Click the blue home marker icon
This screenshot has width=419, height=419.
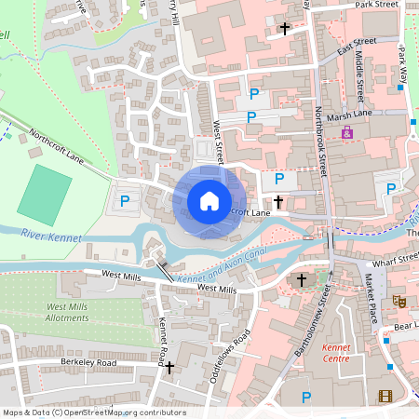(x=209, y=201)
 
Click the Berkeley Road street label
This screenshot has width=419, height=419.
(x=79, y=362)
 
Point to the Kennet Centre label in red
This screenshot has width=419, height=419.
(x=335, y=352)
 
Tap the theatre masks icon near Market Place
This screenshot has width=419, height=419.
(x=398, y=301)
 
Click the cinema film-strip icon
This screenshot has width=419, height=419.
(x=385, y=398)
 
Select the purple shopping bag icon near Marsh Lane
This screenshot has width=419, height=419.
(x=347, y=134)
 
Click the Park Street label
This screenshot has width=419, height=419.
(x=376, y=5)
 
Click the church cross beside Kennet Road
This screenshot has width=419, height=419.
(x=169, y=368)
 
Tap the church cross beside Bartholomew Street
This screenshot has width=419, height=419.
(x=301, y=279)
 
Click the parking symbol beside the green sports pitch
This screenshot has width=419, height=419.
(x=125, y=200)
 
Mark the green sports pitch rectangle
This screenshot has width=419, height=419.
(x=44, y=192)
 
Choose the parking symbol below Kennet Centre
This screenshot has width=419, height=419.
(x=306, y=398)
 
